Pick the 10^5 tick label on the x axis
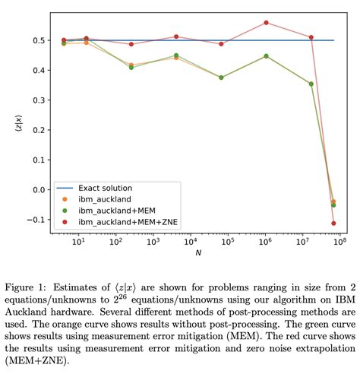point(227,243)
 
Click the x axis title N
point(197,255)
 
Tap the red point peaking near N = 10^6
point(266,23)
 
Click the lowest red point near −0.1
point(333,224)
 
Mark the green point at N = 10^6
point(266,56)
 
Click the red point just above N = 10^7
point(311,37)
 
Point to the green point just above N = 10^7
point(311,84)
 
